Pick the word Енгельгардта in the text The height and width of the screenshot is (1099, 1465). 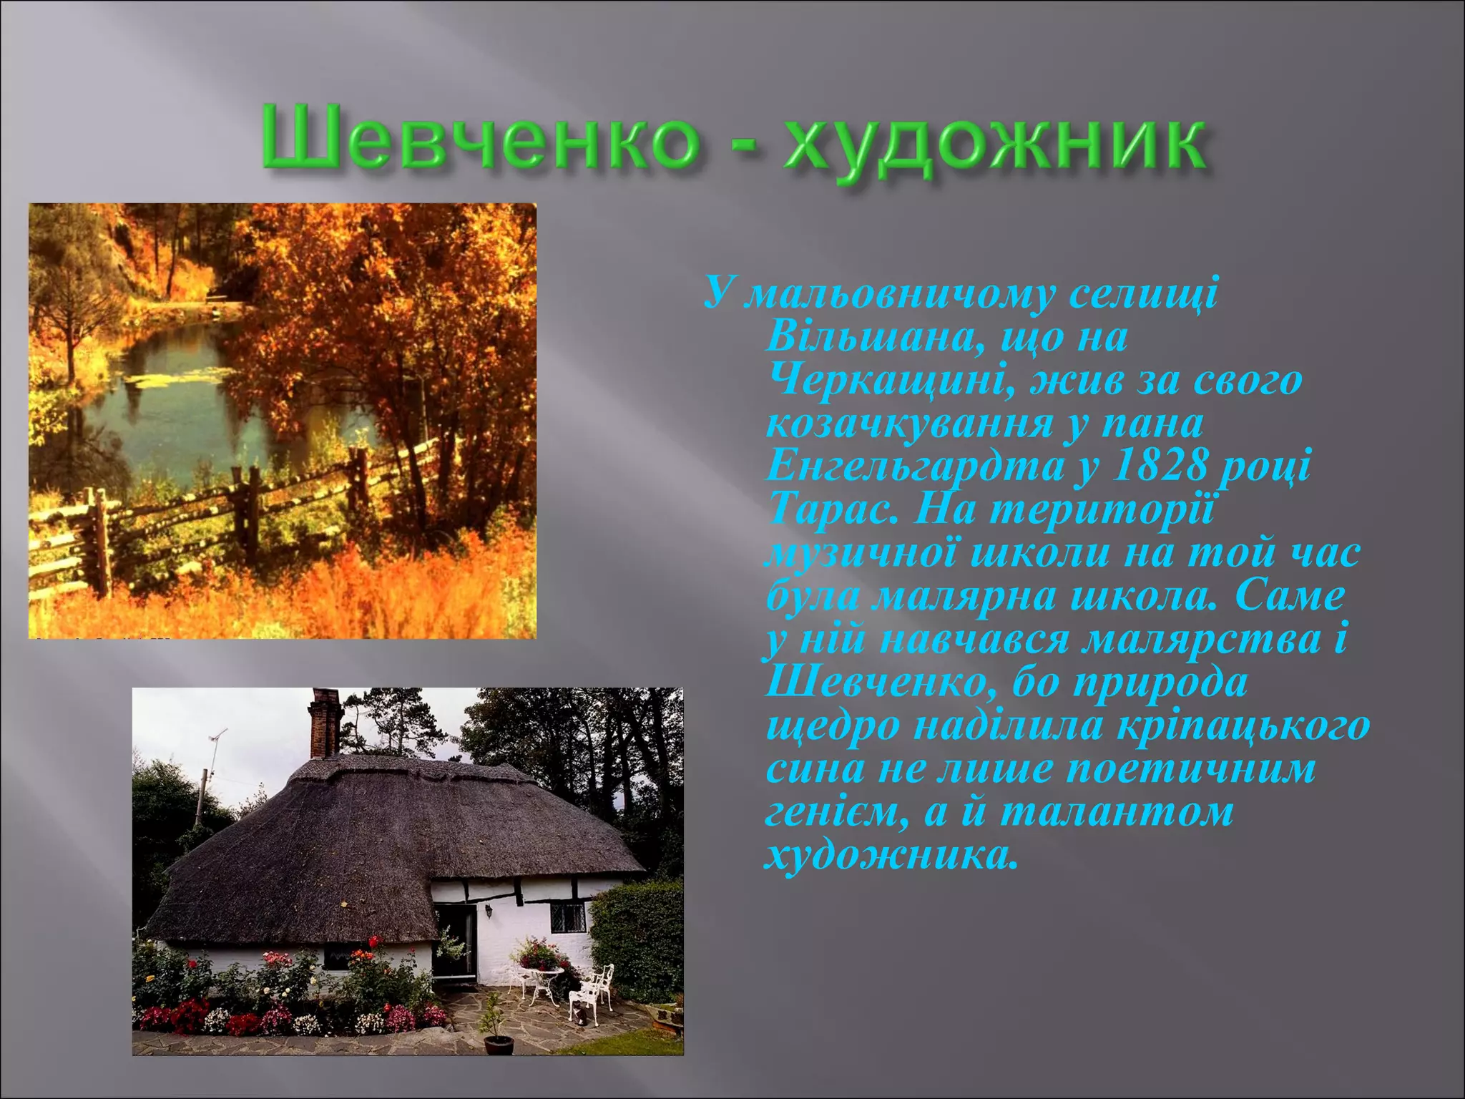click(x=915, y=467)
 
